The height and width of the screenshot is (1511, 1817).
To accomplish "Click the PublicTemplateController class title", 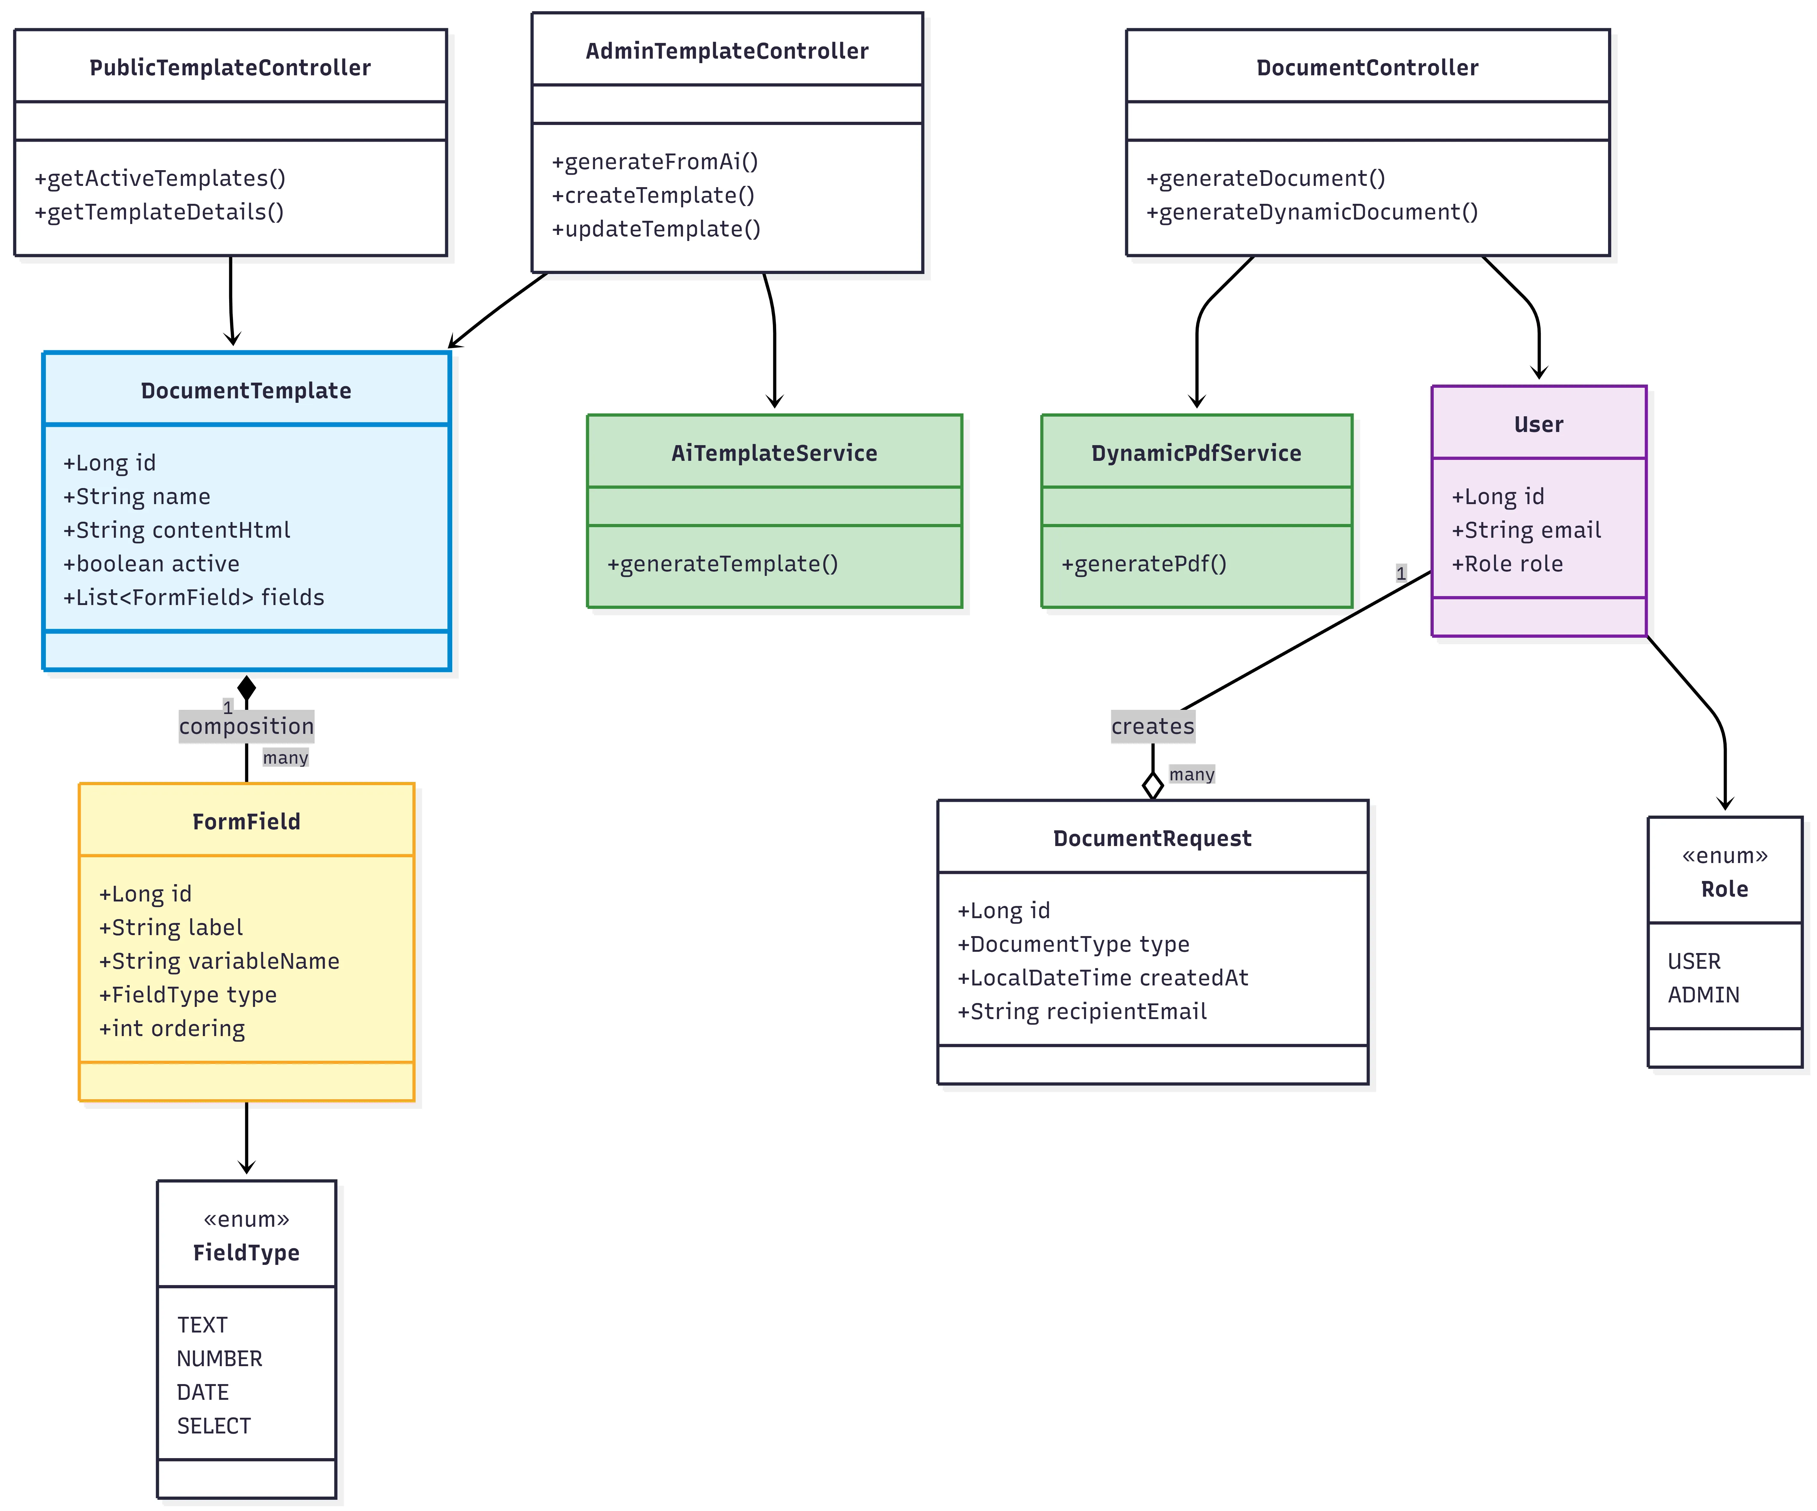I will coord(230,68).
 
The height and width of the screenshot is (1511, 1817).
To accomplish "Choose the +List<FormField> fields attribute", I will coord(194,597).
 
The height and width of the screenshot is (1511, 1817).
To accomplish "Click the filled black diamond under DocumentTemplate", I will coord(247,688).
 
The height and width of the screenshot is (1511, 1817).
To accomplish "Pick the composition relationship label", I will coord(247,726).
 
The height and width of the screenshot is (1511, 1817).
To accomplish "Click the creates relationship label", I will coord(1152,726).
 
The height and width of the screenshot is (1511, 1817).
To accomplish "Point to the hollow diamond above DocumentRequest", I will coord(1152,786).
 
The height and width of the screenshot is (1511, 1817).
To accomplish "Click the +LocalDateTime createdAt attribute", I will coord(1102,978).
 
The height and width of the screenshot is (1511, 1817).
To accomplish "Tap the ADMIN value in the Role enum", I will coord(1703,995).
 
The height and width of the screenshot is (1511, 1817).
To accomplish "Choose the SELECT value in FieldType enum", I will coord(214,1426).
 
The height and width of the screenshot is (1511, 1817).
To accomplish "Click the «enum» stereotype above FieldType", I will coord(247,1219).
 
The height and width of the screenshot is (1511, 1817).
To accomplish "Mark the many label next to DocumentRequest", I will coord(1191,775).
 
